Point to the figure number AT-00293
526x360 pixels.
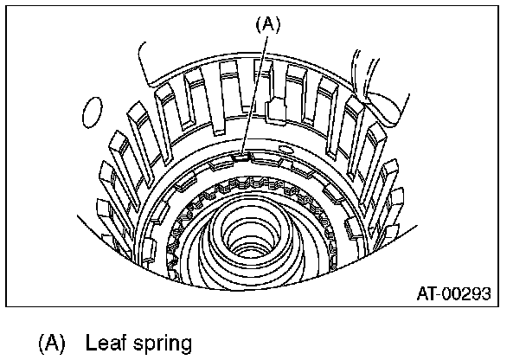[x=451, y=294]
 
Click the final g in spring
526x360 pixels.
[x=184, y=344]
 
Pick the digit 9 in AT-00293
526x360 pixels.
[x=473, y=294]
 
